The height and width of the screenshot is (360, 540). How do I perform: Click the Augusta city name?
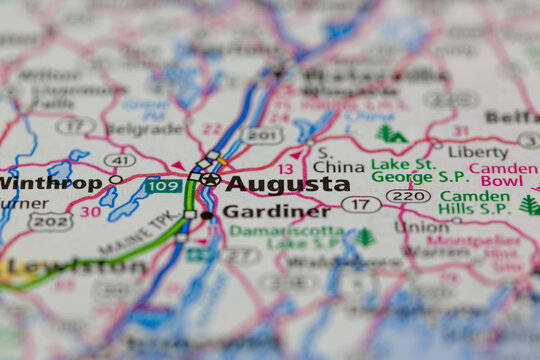pos(287,184)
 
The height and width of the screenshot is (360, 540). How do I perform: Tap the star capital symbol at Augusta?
pos(209,180)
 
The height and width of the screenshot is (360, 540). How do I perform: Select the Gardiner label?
pos(276,211)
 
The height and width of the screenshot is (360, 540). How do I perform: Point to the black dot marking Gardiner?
pos(206,214)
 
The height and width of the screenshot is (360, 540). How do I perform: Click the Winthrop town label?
pos(51,183)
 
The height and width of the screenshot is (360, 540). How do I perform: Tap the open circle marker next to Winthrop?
pos(117,180)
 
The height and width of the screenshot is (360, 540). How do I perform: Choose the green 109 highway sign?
pos(162,185)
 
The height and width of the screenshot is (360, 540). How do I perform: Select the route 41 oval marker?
pos(119,159)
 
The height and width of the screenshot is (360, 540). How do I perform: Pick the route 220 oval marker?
pos(409,196)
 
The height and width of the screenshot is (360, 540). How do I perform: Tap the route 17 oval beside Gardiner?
pos(361,204)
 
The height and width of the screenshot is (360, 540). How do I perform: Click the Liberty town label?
pos(477,152)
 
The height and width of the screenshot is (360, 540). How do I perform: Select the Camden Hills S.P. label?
pos(474,203)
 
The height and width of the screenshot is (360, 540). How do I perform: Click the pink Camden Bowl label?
pos(502,174)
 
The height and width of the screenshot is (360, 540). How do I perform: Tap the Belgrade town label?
pos(144,128)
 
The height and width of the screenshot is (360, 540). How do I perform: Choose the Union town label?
pos(421,226)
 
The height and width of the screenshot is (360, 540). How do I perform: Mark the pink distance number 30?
pos(90,211)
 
